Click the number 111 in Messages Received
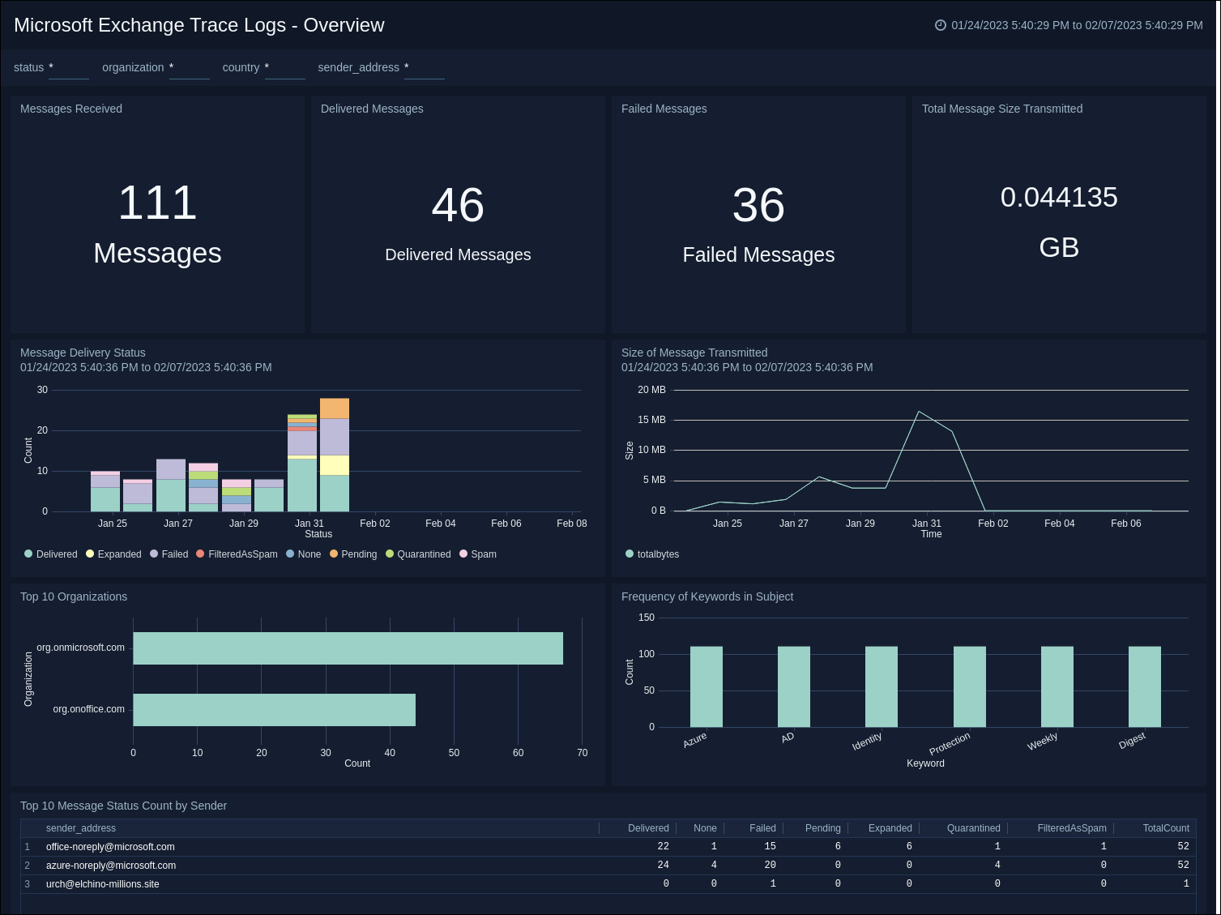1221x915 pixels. click(157, 203)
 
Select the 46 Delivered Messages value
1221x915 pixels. click(458, 206)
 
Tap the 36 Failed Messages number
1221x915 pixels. click(758, 206)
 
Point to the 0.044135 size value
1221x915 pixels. click(1058, 198)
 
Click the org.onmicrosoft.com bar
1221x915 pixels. click(348, 648)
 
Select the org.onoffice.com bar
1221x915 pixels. click(274, 710)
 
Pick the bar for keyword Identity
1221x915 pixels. click(882, 686)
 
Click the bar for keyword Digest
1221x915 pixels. click(1144, 686)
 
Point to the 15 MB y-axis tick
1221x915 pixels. click(651, 420)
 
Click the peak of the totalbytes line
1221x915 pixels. click(918, 412)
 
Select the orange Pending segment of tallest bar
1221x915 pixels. click(335, 408)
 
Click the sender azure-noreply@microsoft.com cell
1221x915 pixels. click(111, 866)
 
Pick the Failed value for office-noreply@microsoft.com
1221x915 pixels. click(770, 847)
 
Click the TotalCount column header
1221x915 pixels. click(1165, 828)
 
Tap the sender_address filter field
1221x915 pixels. click(424, 68)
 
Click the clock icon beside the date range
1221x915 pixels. click(941, 25)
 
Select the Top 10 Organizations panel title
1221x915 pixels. click(74, 596)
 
